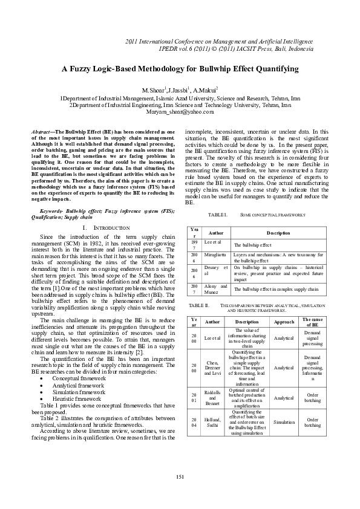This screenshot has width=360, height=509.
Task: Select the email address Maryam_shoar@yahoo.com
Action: [180, 112]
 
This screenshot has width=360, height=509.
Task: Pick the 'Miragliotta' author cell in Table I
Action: [215, 256]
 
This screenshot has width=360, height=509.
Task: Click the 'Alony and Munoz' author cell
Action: [215, 289]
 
